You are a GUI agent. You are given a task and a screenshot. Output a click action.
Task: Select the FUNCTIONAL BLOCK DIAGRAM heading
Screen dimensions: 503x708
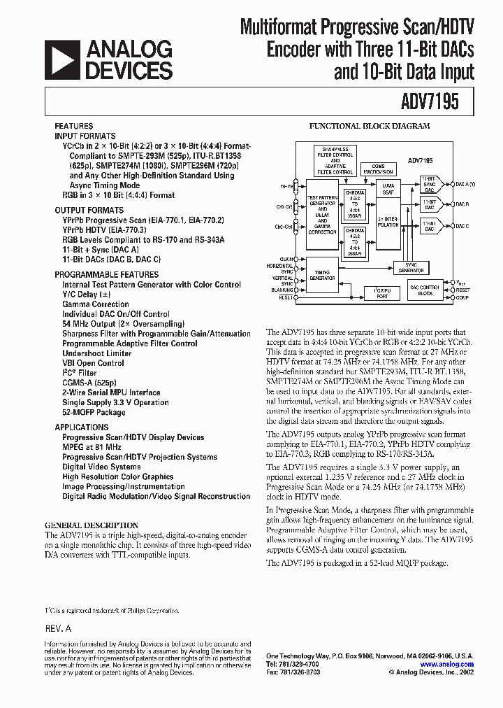pyautogui.click(x=370, y=127)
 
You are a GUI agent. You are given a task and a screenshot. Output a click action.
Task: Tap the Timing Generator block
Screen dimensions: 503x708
pyautogui.click(x=322, y=275)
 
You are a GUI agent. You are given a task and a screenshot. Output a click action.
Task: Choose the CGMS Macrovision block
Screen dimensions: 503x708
pyautogui.click(x=377, y=168)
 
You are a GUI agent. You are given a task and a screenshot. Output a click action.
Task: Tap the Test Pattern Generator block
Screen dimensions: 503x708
pyautogui.click(x=322, y=215)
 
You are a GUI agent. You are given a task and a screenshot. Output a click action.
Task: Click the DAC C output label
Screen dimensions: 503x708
pyautogui.click(x=462, y=226)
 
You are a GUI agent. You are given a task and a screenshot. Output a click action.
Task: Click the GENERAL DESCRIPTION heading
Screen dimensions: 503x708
pyautogui.click(x=91, y=525)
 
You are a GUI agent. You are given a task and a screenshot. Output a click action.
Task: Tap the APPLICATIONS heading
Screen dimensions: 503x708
pyautogui.click(x=82, y=427)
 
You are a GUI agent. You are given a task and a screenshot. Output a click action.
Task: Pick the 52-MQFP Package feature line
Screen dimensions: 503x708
pyautogui.click(x=94, y=412)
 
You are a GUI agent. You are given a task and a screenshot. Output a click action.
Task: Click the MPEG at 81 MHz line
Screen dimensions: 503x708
pyautogui.click(x=92, y=446)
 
